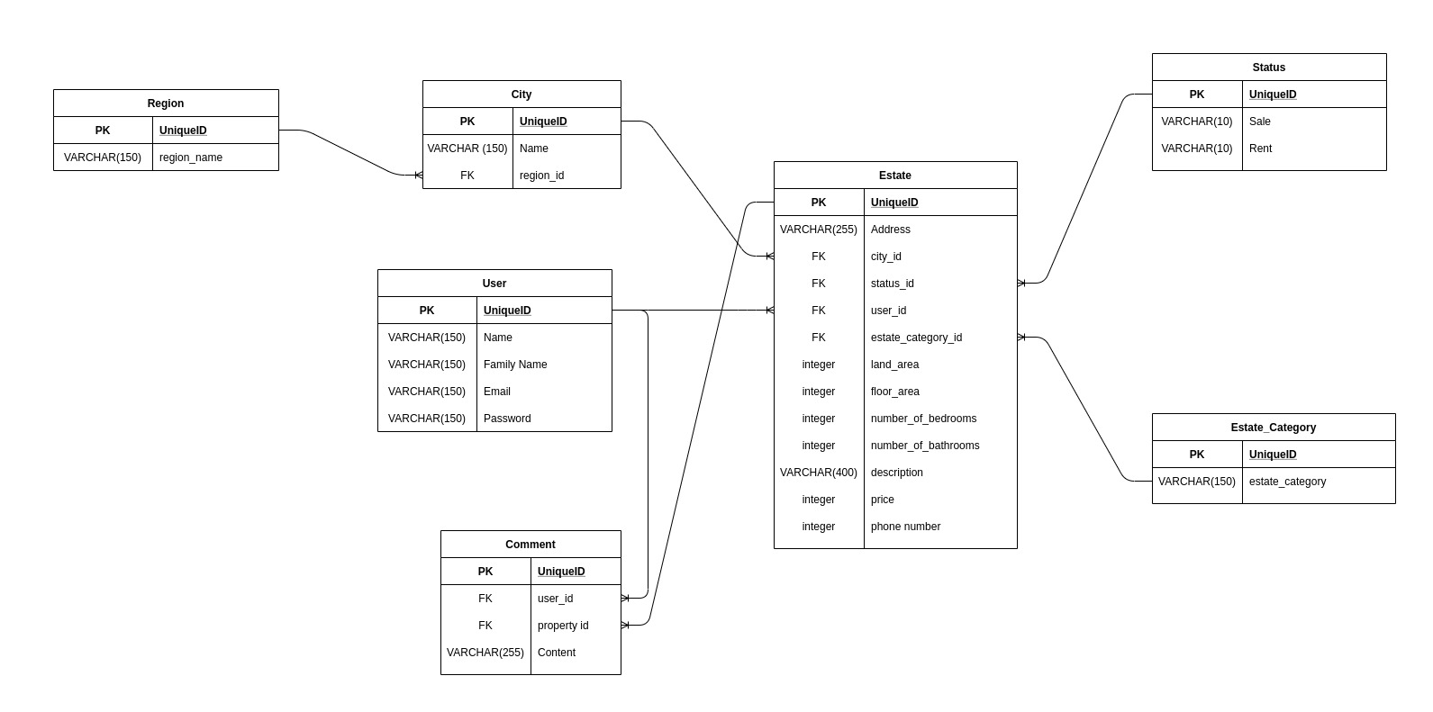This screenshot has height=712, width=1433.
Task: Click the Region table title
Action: click(166, 104)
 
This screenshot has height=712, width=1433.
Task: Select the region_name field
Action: click(191, 158)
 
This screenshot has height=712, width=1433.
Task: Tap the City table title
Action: click(522, 95)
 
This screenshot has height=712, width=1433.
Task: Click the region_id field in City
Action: click(541, 176)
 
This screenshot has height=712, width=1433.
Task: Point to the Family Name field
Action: click(515, 365)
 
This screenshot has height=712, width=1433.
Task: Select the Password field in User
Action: click(507, 419)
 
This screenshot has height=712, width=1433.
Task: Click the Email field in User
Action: click(497, 392)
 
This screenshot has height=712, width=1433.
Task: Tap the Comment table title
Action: click(531, 545)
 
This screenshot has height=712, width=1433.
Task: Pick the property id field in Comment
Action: click(563, 626)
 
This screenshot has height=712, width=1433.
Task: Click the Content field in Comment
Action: click(557, 653)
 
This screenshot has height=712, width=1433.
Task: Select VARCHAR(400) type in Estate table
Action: click(819, 473)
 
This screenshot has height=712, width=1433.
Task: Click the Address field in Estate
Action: click(891, 230)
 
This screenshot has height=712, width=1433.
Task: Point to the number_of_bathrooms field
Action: click(925, 446)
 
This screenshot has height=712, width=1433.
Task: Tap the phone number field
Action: click(905, 527)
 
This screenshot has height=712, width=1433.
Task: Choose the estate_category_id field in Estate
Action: click(916, 338)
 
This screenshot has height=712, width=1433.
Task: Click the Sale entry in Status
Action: click(1260, 122)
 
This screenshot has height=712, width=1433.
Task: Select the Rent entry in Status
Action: click(1260, 149)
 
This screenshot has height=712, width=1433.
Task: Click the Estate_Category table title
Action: click(1274, 428)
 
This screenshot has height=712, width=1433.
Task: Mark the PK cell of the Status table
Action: click(1197, 95)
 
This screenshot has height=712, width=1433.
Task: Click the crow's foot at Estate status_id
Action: click(1022, 284)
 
